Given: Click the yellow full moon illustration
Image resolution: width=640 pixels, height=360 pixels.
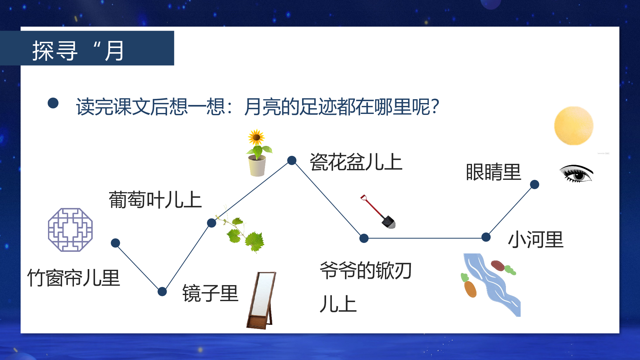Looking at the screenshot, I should pos(574,126).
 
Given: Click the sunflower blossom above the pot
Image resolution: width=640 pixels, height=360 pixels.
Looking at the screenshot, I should pos(256,138).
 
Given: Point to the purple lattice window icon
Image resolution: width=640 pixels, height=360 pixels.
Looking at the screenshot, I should pos(70,230).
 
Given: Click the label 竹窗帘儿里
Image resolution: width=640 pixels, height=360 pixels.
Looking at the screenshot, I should pos(74,278).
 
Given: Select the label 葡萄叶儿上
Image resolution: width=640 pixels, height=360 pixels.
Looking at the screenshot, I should pos(155,200).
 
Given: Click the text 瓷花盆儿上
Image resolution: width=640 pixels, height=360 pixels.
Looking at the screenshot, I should pos(356,162).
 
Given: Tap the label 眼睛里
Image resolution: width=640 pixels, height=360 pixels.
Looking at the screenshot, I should pos(493,172).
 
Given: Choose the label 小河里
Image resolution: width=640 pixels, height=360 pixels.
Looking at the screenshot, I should pos(536,240).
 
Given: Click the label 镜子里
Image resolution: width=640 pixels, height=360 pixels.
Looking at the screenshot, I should pos(210,293).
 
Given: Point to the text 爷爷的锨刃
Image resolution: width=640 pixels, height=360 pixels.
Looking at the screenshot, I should pos(365,271).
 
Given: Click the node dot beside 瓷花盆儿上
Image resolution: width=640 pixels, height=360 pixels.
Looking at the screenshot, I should pos(292,160).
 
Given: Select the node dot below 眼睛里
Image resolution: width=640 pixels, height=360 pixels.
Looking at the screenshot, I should pos(534,184).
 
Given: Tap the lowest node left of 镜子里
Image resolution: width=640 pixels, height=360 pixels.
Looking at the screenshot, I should pos(162,292).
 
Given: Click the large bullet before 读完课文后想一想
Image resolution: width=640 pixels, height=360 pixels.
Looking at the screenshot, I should pos(53,103).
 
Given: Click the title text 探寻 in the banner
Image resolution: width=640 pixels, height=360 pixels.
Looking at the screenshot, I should pos(55,51).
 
